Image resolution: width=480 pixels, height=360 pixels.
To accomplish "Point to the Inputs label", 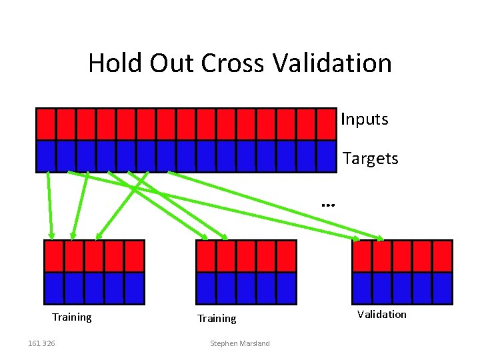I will pos(364,119).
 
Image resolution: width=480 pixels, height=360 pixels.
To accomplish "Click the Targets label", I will pos(370,159).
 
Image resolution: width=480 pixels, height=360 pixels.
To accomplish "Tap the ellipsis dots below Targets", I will pos(327,205).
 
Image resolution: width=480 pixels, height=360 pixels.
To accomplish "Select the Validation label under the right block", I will pos(381,314).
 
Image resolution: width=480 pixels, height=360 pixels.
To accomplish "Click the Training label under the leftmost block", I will pos(72,317).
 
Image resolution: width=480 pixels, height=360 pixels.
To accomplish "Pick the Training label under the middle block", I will pos(217,319).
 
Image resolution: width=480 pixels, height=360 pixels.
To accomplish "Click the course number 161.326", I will pos(42,343).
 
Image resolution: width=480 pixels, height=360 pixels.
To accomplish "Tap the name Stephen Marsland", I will pos(240,343).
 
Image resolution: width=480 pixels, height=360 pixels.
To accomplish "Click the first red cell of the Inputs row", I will pos(46,123).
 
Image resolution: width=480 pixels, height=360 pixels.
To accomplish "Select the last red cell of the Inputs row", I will pos(326,123).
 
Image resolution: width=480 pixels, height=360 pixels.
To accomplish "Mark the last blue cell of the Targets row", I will pos(326,156).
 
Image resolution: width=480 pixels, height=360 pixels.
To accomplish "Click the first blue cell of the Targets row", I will pos(46,156).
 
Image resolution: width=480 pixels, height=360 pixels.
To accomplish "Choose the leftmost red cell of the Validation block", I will pos(362,256).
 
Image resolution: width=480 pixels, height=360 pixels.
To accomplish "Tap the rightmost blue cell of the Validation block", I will pos(442,288).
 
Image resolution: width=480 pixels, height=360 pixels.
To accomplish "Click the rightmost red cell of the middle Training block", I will pos(286,256).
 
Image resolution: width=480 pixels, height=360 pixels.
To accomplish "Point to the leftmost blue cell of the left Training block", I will pos(53,288).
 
